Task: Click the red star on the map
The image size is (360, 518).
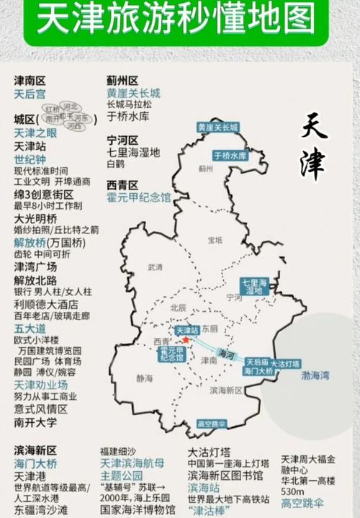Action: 185,339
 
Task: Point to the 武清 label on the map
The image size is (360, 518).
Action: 156,267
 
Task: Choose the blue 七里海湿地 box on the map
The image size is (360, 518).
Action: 254,286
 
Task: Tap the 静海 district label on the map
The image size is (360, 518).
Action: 144,378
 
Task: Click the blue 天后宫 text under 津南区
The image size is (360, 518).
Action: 30,94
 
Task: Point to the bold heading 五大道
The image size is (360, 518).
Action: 31,329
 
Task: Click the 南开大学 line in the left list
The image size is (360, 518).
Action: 36,422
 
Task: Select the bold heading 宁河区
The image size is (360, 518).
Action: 122,140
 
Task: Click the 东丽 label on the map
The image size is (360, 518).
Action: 210,328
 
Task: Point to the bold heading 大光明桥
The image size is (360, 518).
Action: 36,218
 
